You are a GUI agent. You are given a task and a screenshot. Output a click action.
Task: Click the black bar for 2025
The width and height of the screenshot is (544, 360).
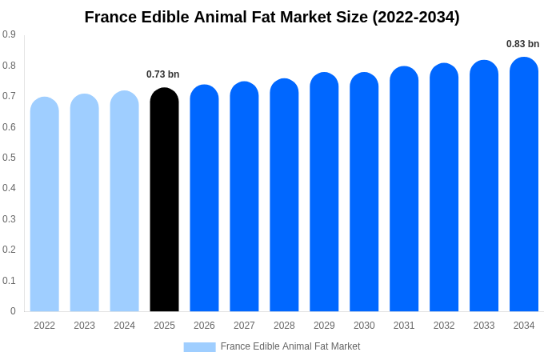click(x=164, y=200)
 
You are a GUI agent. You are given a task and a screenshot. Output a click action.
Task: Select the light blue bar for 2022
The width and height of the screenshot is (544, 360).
click(x=45, y=205)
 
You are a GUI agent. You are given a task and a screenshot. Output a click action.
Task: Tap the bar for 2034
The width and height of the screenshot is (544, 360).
click(x=524, y=185)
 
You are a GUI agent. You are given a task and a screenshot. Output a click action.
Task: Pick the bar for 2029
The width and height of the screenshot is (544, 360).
click(x=324, y=192)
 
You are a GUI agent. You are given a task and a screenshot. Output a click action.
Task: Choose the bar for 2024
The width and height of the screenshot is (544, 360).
click(x=124, y=202)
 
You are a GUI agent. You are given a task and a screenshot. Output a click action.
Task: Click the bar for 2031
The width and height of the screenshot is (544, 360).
click(x=404, y=190)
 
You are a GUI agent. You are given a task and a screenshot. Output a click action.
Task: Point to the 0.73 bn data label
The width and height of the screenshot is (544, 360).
click(x=162, y=74)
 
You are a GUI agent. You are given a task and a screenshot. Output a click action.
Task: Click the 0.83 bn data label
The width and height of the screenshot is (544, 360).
click(x=522, y=44)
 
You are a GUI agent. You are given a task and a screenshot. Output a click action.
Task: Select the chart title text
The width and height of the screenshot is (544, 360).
click(x=272, y=17)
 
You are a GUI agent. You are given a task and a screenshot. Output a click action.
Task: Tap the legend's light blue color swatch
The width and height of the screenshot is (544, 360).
click(x=199, y=346)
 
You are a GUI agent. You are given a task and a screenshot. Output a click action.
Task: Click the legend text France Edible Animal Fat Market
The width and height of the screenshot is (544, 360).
click(x=290, y=346)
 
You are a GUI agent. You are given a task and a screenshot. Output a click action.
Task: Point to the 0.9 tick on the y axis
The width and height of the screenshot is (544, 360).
click(x=9, y=34)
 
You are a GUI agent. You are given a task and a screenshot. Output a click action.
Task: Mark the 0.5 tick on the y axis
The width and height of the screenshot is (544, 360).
click(x=9, y=158)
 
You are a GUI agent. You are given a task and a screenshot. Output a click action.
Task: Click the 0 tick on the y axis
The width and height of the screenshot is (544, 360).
click(x=13, y=311)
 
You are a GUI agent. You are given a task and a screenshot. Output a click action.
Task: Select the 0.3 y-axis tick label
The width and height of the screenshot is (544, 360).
click(x=9, y=219)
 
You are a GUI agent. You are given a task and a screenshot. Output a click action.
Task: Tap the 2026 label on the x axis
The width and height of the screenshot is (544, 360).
click(x=204, y=326)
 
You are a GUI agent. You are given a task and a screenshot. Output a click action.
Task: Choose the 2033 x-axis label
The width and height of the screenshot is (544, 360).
click(x=484, y=326)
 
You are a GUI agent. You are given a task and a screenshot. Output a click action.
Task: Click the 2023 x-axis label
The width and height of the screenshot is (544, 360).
click(x=84, y=326)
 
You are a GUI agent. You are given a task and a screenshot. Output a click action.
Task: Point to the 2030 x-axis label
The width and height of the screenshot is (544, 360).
click(x=364, y=326)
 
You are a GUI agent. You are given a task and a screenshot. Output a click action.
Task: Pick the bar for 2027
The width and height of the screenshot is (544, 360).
click(x=244, y=197)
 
